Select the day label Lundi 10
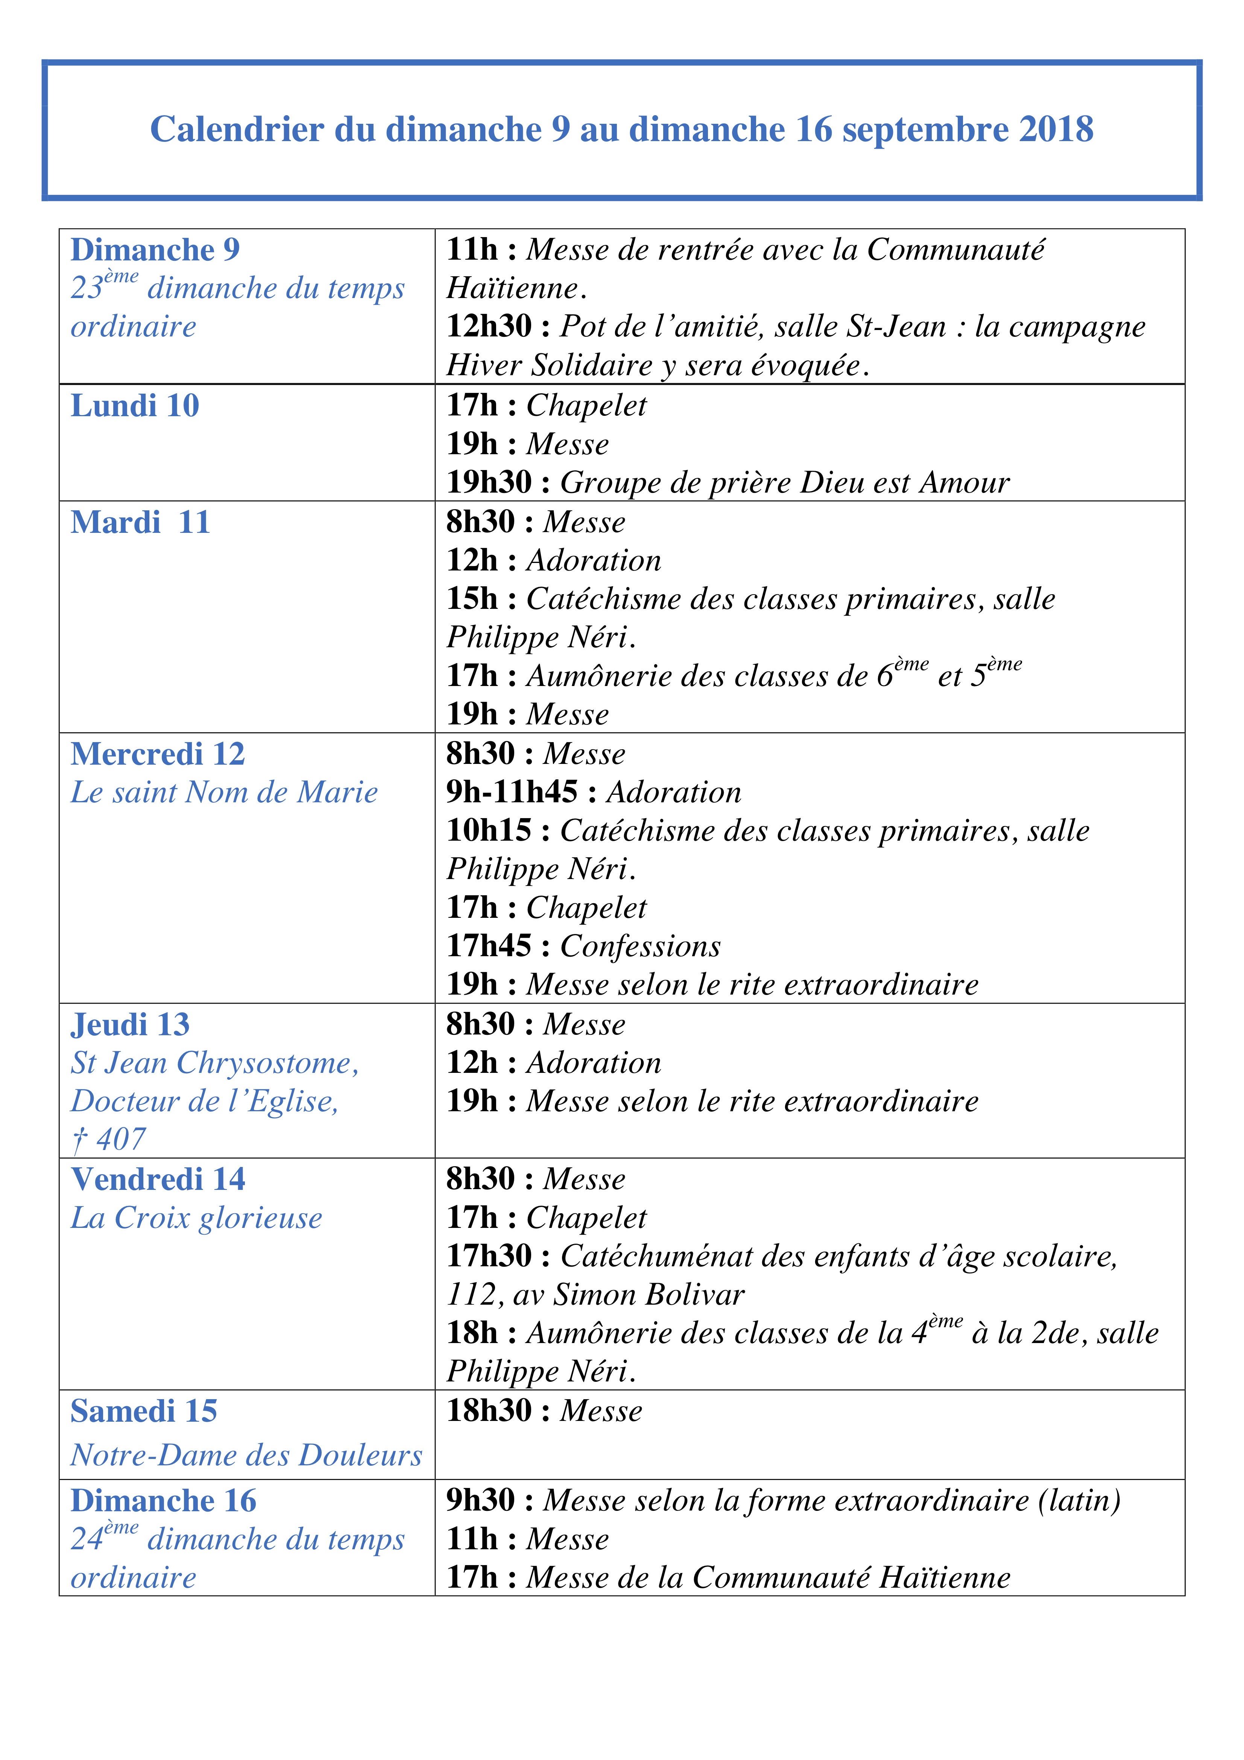click(135, 406)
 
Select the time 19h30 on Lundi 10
click(489, 482)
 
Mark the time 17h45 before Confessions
click(489, 946)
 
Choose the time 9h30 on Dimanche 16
click(481, 1500)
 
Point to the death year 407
click(121, 1140)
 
